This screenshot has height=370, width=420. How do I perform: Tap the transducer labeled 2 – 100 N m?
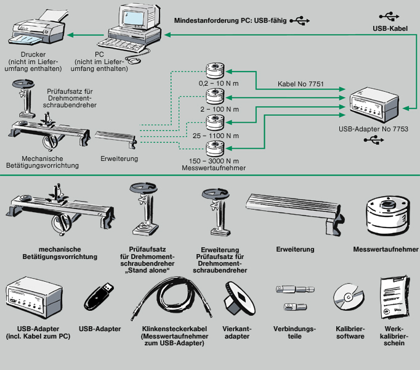pos(216,96)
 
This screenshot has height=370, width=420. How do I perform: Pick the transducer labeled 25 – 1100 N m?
pos(216,121)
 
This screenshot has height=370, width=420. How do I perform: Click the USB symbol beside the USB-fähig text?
pos(299,20)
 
